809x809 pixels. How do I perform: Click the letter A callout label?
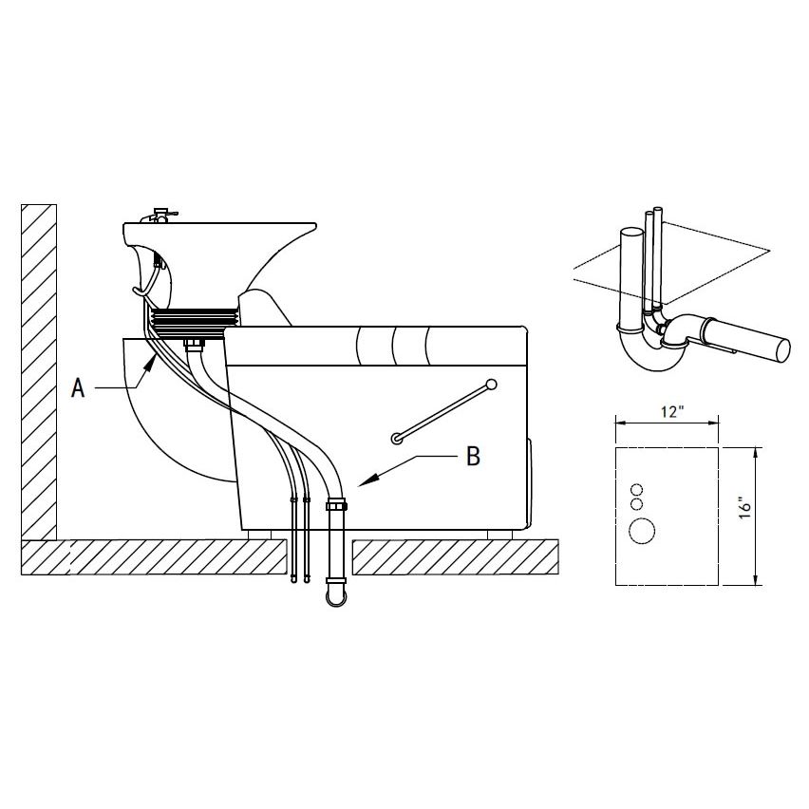point(78,387)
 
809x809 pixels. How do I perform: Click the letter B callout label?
point(473,456)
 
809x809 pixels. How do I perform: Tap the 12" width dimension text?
point(672,412)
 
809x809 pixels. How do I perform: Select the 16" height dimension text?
point(746,508)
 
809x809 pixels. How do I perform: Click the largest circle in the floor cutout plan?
point(642,531)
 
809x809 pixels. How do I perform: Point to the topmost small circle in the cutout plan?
point(637,489)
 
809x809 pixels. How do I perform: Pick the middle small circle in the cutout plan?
point(637,503)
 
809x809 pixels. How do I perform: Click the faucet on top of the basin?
point(161,216)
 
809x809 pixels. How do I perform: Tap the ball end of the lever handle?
point(491,385)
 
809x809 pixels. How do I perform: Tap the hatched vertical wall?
point(39,371)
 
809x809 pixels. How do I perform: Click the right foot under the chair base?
point(499,535)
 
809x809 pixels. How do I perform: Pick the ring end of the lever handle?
point(396,439)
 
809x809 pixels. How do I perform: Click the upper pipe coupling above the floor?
point(337,503)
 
